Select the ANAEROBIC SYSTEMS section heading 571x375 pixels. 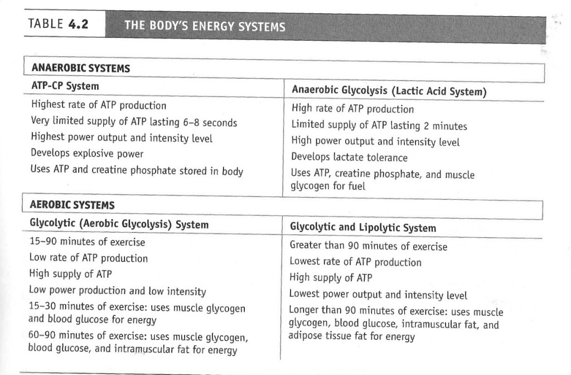click(x=81, y=69)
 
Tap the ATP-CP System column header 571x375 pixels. click(x=64, y=86)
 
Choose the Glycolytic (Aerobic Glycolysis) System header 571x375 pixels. click(x=119, y=224)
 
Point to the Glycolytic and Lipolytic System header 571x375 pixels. click(x=363, y=228)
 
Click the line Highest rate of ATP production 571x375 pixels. click(x=98, y=105)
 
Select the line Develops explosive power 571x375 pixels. click(x=86, y=153)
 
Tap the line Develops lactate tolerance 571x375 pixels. click(x=349, y=157)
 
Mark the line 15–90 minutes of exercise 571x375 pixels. click(x=86, y=242)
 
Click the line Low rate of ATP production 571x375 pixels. click(x=88, y=258)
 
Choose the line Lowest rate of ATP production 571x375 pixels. click(x=355, y=262)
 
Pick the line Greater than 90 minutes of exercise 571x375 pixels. click(x=368, y=246)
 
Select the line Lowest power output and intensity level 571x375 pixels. click(x=378, y=295)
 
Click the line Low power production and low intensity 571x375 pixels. click(x=117, y=291)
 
